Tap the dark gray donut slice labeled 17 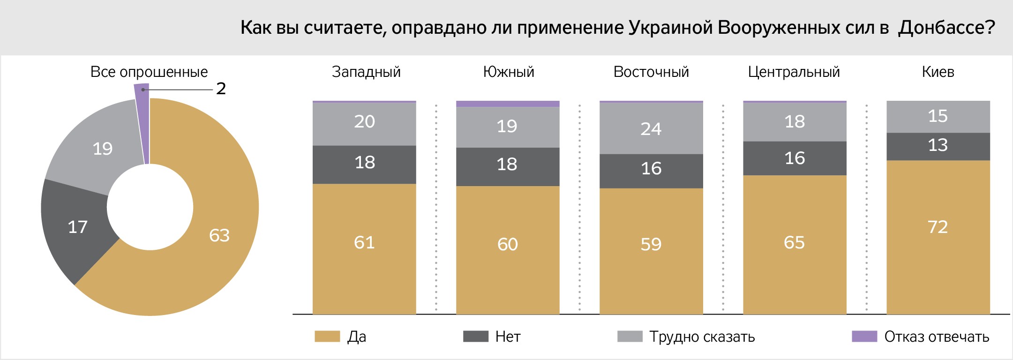[77, 227]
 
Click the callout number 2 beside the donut [221, 89]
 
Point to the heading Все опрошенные [149, 72]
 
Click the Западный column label [366, 72]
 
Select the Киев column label [938, 72]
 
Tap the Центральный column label [794, 72]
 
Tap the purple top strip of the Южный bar [508, 104]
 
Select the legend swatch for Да [327, 336]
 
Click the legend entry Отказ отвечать [936, 337]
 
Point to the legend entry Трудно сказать [702, 337]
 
